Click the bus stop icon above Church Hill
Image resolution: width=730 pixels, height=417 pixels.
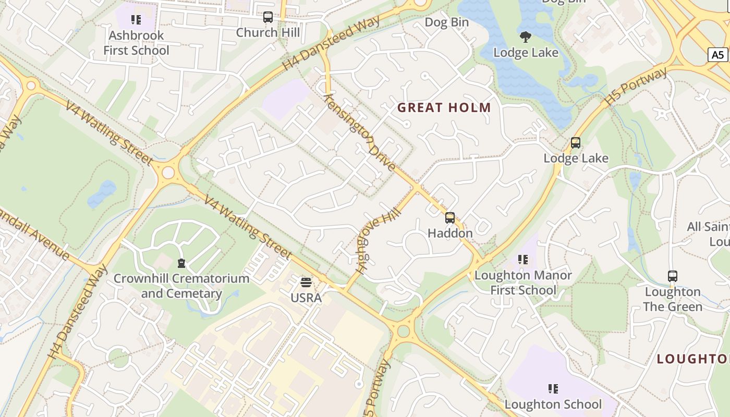click(x=268, y=17)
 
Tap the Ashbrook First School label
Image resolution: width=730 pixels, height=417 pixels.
click(x=136, y=43)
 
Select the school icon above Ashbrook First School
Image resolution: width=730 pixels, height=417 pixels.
click(x=136, y=20)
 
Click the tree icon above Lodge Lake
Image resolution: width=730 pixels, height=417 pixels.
click(x=526, y=36)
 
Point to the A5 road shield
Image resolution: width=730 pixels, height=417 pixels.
click(x=718, y=54)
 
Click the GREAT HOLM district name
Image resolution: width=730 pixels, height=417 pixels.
click(x=444, y=108)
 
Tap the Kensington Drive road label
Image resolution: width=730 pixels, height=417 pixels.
click(x=359, y=133)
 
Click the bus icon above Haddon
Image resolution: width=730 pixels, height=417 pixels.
click(x=450, y=218)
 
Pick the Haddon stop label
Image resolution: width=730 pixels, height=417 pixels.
click(x=450, y=233)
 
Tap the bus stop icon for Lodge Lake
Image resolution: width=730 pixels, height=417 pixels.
click(x=576, y=143)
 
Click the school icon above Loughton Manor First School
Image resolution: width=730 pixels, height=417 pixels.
click(x=523, y=260)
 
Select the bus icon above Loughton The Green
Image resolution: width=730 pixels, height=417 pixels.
click(x=673, y=276)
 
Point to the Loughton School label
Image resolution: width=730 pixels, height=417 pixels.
click(x=553, y=404)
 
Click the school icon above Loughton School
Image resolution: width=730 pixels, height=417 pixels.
click(x=553, y=388)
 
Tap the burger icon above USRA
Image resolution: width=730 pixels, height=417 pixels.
click(x=306, y=283)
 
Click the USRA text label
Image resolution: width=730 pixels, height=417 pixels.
click(x=306, y=298)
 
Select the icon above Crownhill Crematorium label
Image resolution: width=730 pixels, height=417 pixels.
click(x=181, y=263)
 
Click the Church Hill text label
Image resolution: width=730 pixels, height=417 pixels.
click(x=268, y=32)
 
